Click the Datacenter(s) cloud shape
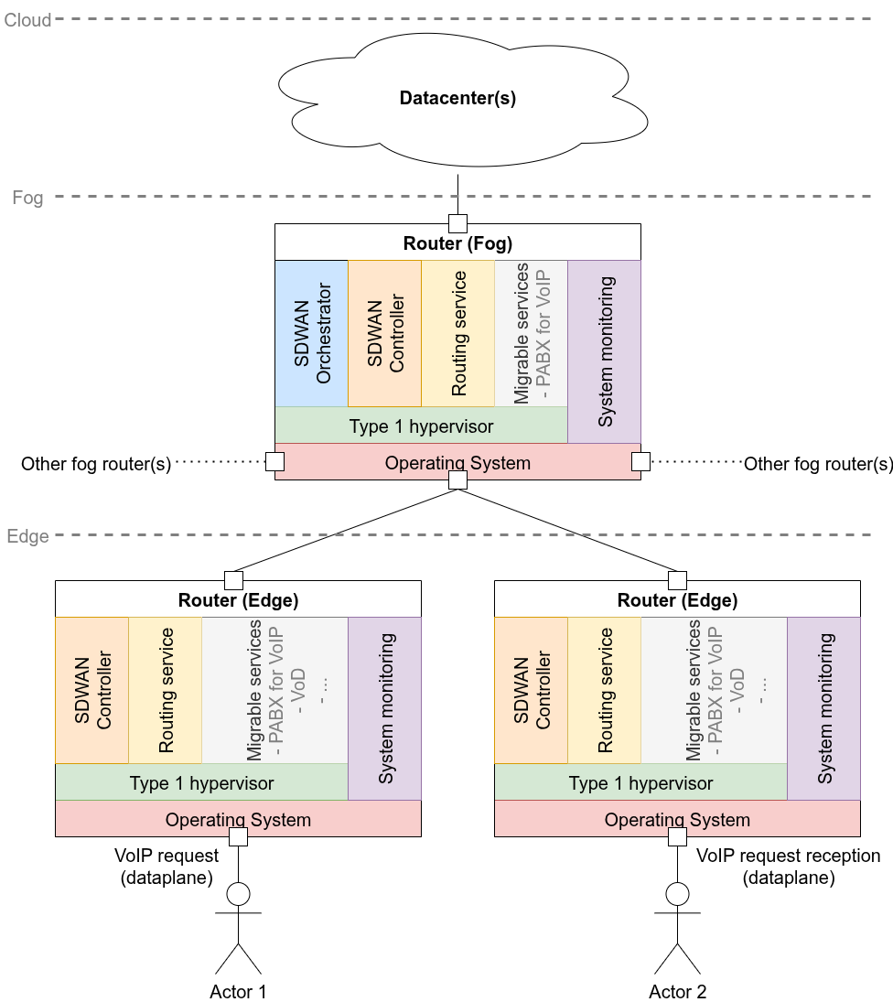coord(457,99)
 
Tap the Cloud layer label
coord(28,19)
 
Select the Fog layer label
coord(27,198)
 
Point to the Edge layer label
coord(27,536)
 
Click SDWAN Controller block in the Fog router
coord(384,333)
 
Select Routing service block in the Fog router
coord(457,333)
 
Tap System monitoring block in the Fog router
coord(604,351)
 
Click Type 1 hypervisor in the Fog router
coord(421,426)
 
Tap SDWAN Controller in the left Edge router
coord(92,690)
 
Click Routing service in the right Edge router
coord(604,690)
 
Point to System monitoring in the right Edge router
coord(823,708)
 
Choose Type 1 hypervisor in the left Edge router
coord(201,782)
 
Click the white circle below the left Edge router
coord(238,894)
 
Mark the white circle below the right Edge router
coord(677,894)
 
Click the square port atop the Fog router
coord(457,224)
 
